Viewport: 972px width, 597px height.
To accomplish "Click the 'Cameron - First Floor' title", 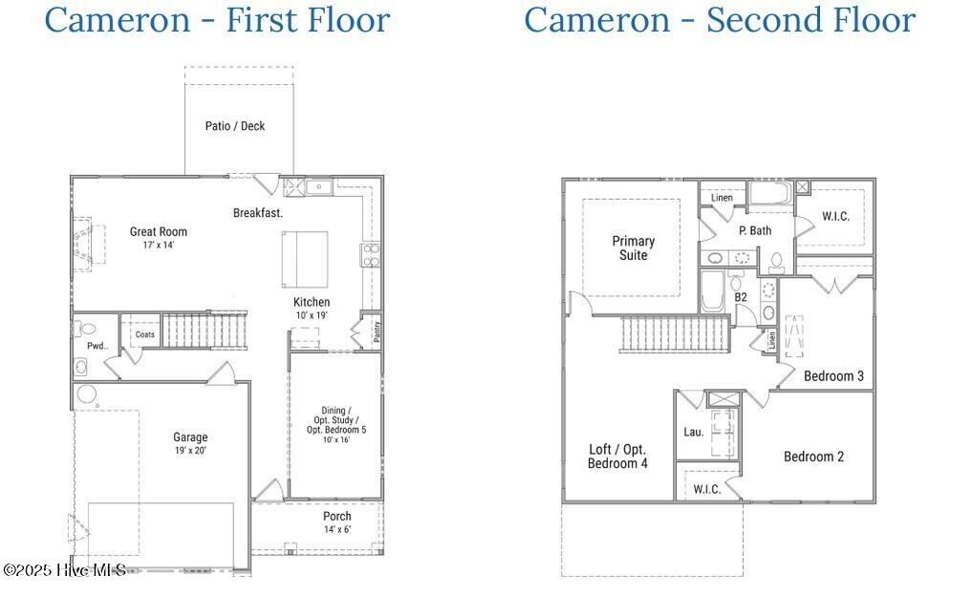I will [217, 20].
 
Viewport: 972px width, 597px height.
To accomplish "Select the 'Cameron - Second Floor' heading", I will [719, 20].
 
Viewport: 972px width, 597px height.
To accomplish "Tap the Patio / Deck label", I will [235, 126].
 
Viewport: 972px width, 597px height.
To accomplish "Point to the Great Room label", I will [159, 237].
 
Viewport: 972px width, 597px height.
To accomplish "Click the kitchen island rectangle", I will [305, 258].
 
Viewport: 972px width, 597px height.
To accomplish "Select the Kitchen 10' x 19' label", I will [312, 309].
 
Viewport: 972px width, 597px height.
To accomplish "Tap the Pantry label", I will [377, 331].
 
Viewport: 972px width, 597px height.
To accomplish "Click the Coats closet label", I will [144, 334].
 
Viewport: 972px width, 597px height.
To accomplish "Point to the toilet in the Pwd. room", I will [81, 329].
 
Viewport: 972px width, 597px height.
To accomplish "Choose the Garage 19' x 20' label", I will [190, 443].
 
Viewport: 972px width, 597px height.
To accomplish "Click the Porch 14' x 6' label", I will [336, 522].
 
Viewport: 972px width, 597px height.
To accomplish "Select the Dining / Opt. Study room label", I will [336, 424].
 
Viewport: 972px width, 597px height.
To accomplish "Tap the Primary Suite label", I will [634, 248].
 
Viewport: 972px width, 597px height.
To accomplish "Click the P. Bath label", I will [755, 230].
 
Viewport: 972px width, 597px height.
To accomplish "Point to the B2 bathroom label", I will [741, 297].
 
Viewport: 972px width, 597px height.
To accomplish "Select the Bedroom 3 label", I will [833, 376].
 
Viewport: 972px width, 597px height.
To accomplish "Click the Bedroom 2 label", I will [813, 457].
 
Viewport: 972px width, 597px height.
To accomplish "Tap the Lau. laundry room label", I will [694, 432].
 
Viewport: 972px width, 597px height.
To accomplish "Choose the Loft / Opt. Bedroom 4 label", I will [617, 457].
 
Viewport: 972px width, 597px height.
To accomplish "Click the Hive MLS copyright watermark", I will [64, 570].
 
